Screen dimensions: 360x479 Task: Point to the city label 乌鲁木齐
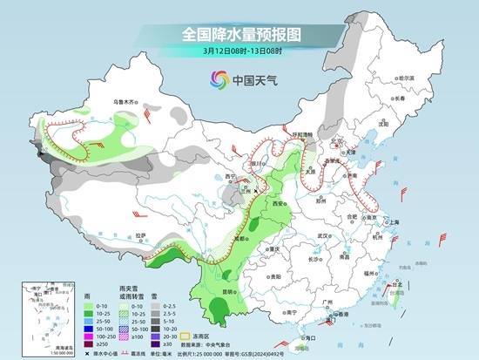tap(125, 102)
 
